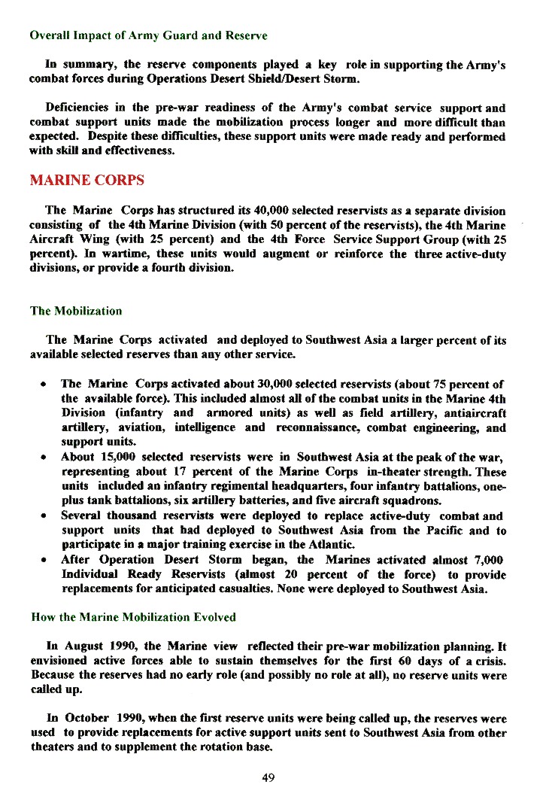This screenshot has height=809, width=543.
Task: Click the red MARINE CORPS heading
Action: (x=86, y=181)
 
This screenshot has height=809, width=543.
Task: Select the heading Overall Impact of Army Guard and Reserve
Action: (x=148, y=35)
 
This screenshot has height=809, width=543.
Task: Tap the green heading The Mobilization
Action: (x=75, y=311)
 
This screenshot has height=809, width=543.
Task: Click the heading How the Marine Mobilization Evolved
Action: (x=133, y=617)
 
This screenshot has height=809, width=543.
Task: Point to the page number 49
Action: (x=268, y=777)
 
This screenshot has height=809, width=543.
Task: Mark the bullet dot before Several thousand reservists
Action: (x=45, y=516)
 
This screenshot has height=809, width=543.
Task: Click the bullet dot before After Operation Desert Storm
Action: (x=45, y=560)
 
